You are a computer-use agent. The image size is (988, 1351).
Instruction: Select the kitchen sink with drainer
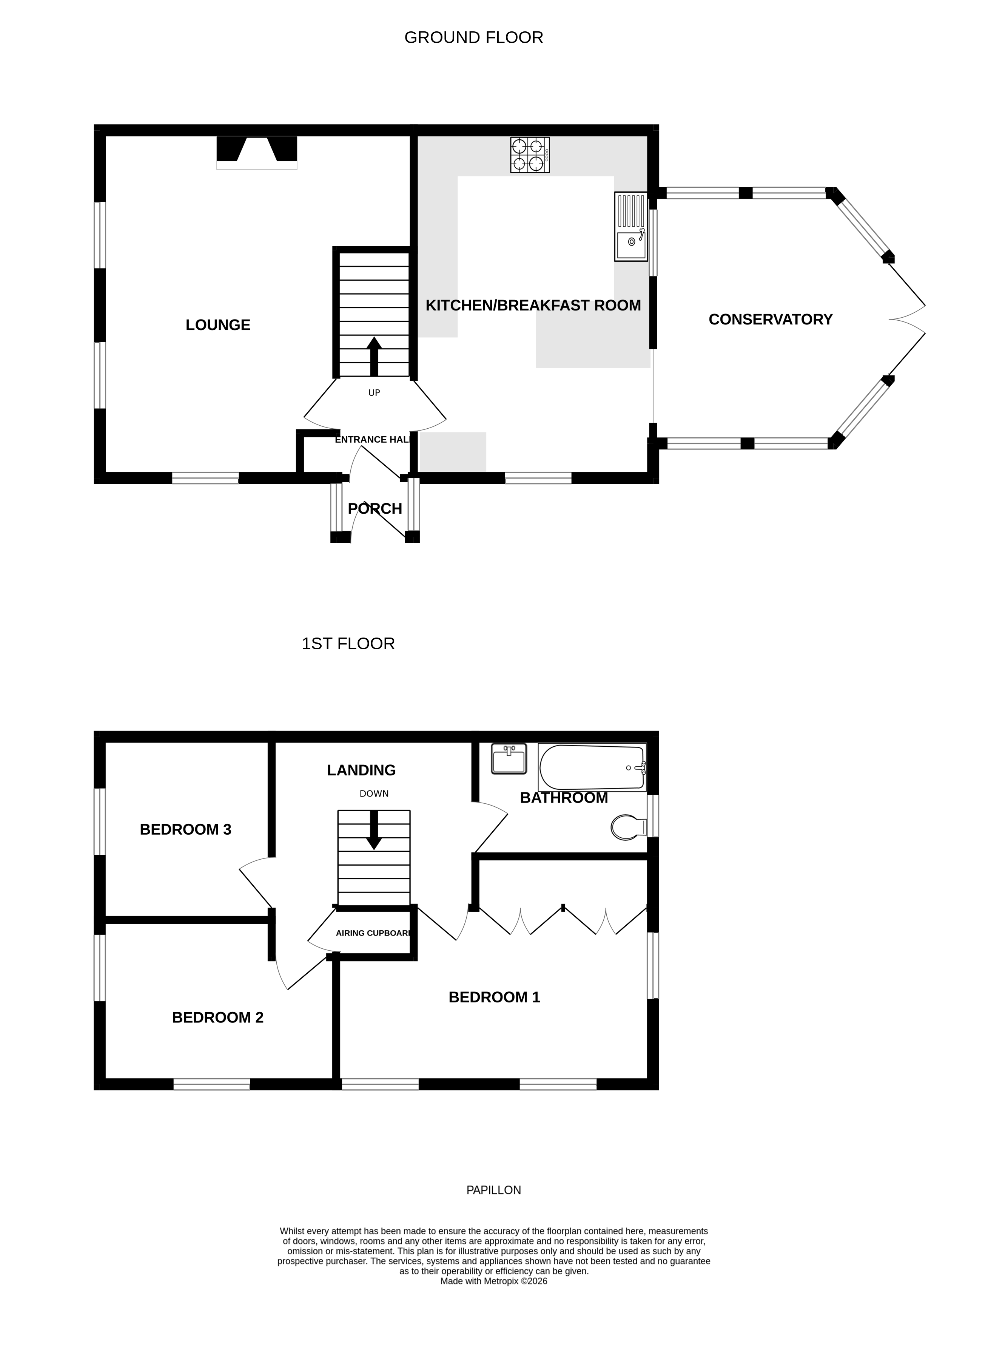point(631,227)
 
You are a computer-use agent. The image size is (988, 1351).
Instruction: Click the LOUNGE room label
point(218,325)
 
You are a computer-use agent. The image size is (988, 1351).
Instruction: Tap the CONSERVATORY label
point(770,320)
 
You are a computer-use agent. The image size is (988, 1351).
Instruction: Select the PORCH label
point(375,509)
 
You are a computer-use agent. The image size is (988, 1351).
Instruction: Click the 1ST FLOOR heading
point(348,644)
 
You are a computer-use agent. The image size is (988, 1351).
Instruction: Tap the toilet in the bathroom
point(628,828)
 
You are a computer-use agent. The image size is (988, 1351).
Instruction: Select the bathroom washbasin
point(509,759)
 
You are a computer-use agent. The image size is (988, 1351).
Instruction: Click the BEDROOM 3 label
point(185,829)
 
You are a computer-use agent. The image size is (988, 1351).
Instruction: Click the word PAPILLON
point(493,1190)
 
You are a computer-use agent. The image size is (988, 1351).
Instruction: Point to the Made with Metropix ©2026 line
point(493,1281)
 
